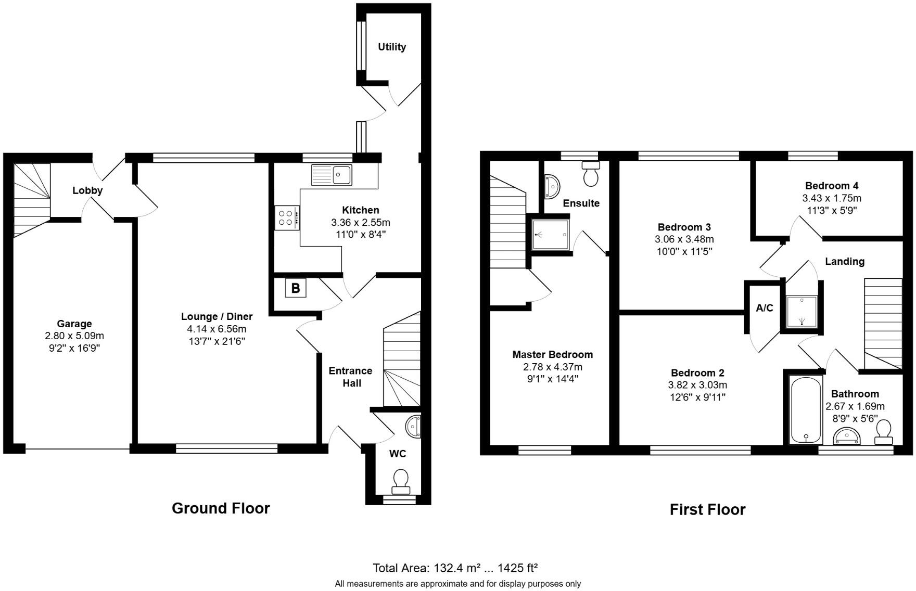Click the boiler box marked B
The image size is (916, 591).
pos(296,288)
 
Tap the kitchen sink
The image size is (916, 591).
pos(332,175)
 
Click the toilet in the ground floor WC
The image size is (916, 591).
pos(401,481)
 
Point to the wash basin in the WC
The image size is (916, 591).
pos(414,427)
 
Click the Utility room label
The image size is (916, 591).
pos(392,47)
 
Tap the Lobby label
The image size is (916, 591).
pos(87,190)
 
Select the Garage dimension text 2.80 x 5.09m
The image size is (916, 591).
pos(74,336)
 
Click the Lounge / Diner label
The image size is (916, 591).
pos(217,316)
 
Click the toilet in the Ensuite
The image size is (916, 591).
pos(591,174)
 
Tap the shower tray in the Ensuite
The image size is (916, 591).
pos(551,235)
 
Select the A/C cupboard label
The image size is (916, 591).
pos(764,308)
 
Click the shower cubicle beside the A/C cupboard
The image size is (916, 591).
pos(802,312)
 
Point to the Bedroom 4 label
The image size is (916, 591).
pos(832,186)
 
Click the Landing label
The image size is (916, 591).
pos(845,261)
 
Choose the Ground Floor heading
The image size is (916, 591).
pos(221,508)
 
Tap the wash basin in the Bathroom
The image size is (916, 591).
pos(847,436)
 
